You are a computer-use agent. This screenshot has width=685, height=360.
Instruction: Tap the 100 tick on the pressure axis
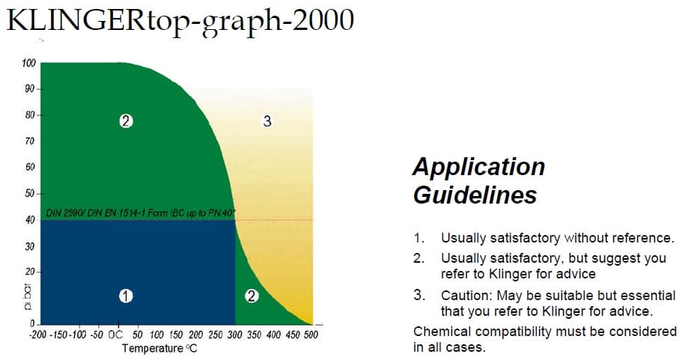[x=28, y=63]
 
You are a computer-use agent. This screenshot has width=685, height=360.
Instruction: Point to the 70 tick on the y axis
[x=29, y=141]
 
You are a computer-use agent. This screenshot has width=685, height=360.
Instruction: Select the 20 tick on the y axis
[x=28, y=271]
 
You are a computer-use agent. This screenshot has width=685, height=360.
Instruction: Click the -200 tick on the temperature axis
[x=38, y=335]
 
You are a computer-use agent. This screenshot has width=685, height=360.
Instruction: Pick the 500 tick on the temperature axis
[x=310, y=335]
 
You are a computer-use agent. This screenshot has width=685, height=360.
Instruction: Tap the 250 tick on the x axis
[x=215, y=335]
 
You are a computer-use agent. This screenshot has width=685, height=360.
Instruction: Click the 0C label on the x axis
[x=116, y=335]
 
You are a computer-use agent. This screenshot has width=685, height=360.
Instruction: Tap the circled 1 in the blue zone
[x=126, y=296]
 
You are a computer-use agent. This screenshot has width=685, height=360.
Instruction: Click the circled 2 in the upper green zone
[x=126, y=120]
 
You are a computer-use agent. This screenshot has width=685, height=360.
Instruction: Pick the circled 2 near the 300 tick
[x=252, y=296]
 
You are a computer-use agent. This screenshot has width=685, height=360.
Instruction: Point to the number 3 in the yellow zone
[x=267, y=121]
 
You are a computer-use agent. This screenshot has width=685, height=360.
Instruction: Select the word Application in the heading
[x=478, y=166]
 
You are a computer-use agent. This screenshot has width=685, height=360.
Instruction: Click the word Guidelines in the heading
[x=475, y=195]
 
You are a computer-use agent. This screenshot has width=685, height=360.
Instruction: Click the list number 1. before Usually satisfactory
[x=419, y=239]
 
